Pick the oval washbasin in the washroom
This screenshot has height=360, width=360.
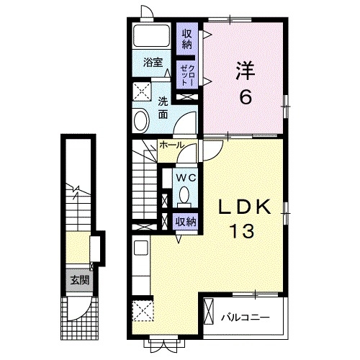click(x=141, y=119)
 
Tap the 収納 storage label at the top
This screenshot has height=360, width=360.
click(x=188, y=37)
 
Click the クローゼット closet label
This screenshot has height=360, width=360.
click(x=186, y=73)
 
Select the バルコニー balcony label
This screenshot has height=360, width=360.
click(x=245, y=316)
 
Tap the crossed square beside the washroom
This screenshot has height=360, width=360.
click(x=140, y=91)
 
